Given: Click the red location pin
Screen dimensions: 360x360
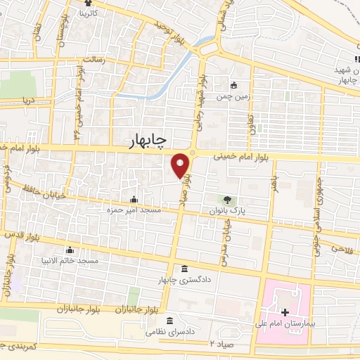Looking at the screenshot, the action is point(181,165).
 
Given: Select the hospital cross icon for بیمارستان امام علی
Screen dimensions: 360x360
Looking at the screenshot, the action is point(285,312).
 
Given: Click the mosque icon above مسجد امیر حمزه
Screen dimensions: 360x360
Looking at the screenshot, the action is point(134,199).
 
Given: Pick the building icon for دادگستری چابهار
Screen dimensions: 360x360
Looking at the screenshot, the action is point(184,270).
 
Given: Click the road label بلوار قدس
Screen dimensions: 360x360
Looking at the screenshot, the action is point(23,235).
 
